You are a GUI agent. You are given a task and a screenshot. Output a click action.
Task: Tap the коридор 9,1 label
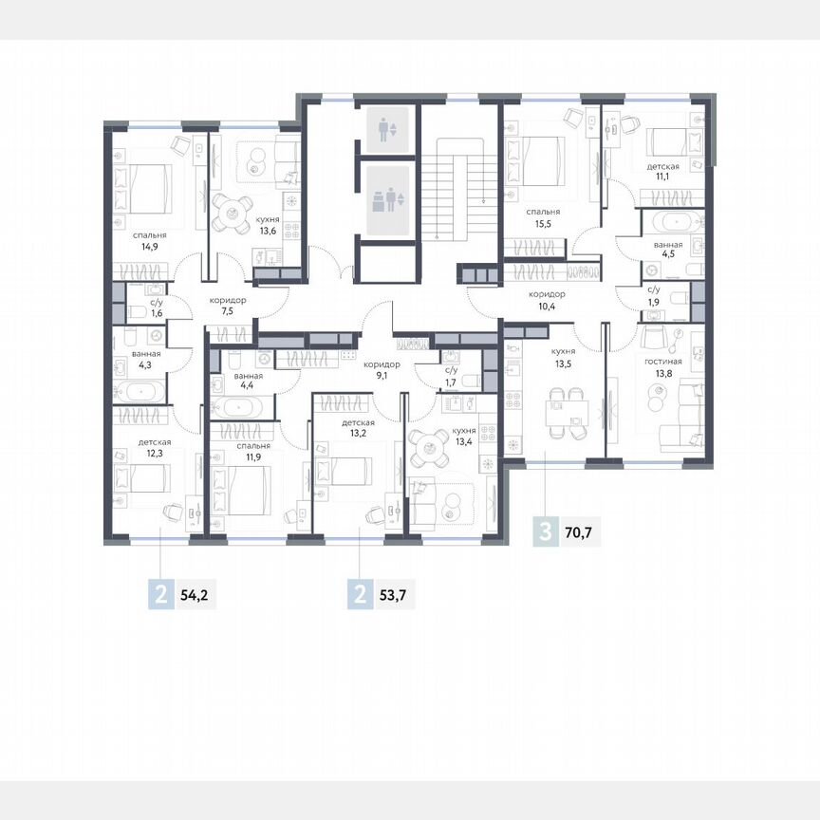point(382,368)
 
